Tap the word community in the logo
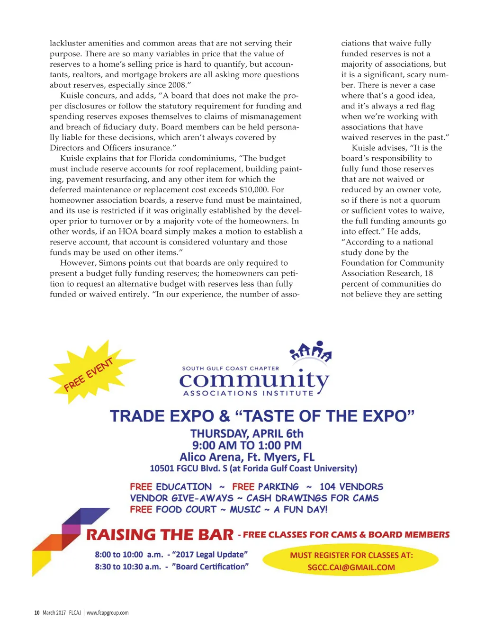click(x=253, y=380)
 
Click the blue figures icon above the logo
click(x=311, y=351)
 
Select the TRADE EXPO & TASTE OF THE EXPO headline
click(x=262, y=416)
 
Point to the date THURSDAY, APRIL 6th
click(x=247, y=433)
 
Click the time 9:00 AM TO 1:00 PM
click(x=247, y=445)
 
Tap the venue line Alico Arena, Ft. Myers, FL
click(x=247, y=457)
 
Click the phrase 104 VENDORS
click(x=351, y=486)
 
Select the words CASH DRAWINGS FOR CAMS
click(x=313, y=498)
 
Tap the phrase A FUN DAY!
click(x=301, y=510)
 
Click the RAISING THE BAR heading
click(x=160, y=535)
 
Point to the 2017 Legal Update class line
click(x=171, y=555)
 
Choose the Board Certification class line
click(x=171, y=567)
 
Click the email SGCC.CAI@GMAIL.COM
click(x=351, y=567)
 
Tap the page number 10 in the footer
click(x=36, y=612)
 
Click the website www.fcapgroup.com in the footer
click(x=108, y=612)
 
